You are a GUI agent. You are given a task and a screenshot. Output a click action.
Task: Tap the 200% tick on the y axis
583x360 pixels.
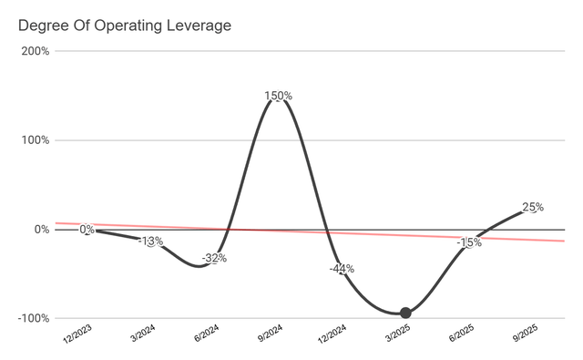click(36, 51)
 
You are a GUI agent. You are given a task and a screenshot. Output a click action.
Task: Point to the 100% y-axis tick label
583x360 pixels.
click(36, 140)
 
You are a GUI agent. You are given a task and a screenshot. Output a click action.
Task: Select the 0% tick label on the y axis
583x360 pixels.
click(41, 230)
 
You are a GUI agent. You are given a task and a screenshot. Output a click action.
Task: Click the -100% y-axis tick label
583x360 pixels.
click(34, 318)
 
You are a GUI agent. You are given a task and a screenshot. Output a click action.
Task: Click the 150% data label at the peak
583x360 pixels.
click(278, 96)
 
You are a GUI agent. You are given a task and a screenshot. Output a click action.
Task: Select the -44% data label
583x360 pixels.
click(342, 269)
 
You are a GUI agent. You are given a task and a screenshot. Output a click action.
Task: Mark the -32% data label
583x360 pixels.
click(214, 258)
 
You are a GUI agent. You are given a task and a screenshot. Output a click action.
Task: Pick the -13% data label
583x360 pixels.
click(150, 242)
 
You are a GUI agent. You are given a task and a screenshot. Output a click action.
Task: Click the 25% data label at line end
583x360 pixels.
click(533, 207)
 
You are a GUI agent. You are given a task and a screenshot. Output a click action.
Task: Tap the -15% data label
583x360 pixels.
click(469, 242)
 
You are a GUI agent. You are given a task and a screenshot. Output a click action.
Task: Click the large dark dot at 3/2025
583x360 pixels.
click(405, 313)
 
